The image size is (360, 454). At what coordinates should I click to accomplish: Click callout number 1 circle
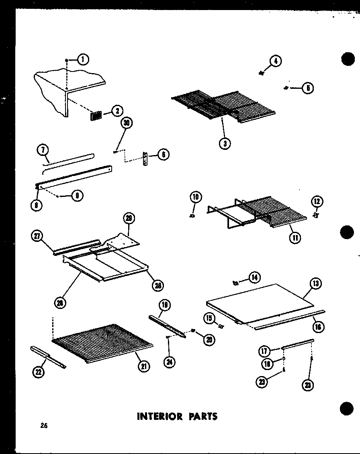tap(83, 60)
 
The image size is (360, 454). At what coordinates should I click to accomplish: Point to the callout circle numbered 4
tap(275, 61)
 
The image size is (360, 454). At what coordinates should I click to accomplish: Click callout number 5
tap(308, 88)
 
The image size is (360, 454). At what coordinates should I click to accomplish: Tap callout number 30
tap(127, 123)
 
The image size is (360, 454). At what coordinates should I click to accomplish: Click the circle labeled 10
tap(195, 198)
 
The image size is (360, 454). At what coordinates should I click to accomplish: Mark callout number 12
tap(317, 201)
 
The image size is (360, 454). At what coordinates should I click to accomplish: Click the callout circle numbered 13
tap(315, 284)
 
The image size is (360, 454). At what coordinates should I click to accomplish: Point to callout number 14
tap(254, 277)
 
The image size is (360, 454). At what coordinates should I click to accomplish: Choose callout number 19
tap(165, 305)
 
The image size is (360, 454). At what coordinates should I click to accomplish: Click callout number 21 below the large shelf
tap(141, 366)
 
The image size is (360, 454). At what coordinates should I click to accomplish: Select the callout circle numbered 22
tap(38, 372)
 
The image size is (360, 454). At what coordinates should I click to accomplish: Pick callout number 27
tap(37, 236)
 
